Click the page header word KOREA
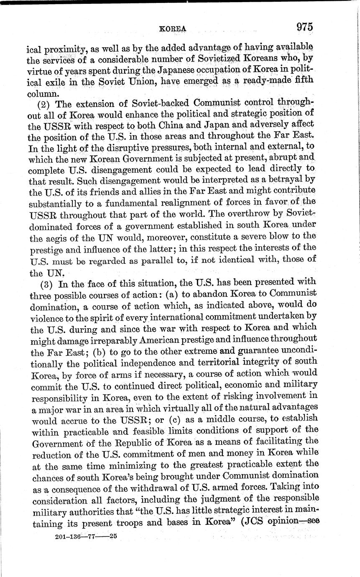172,28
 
